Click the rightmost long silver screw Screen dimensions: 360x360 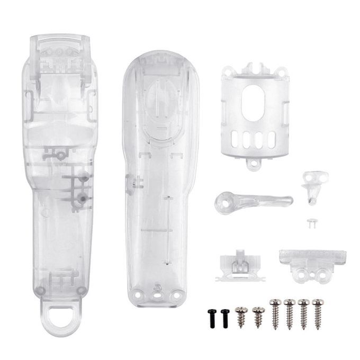(x=318, y=312)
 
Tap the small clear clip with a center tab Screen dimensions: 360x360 (x=240, y=265)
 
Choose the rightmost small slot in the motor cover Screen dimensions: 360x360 (x=272, y=140)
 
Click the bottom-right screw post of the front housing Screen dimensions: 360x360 (x=80, y=290)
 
